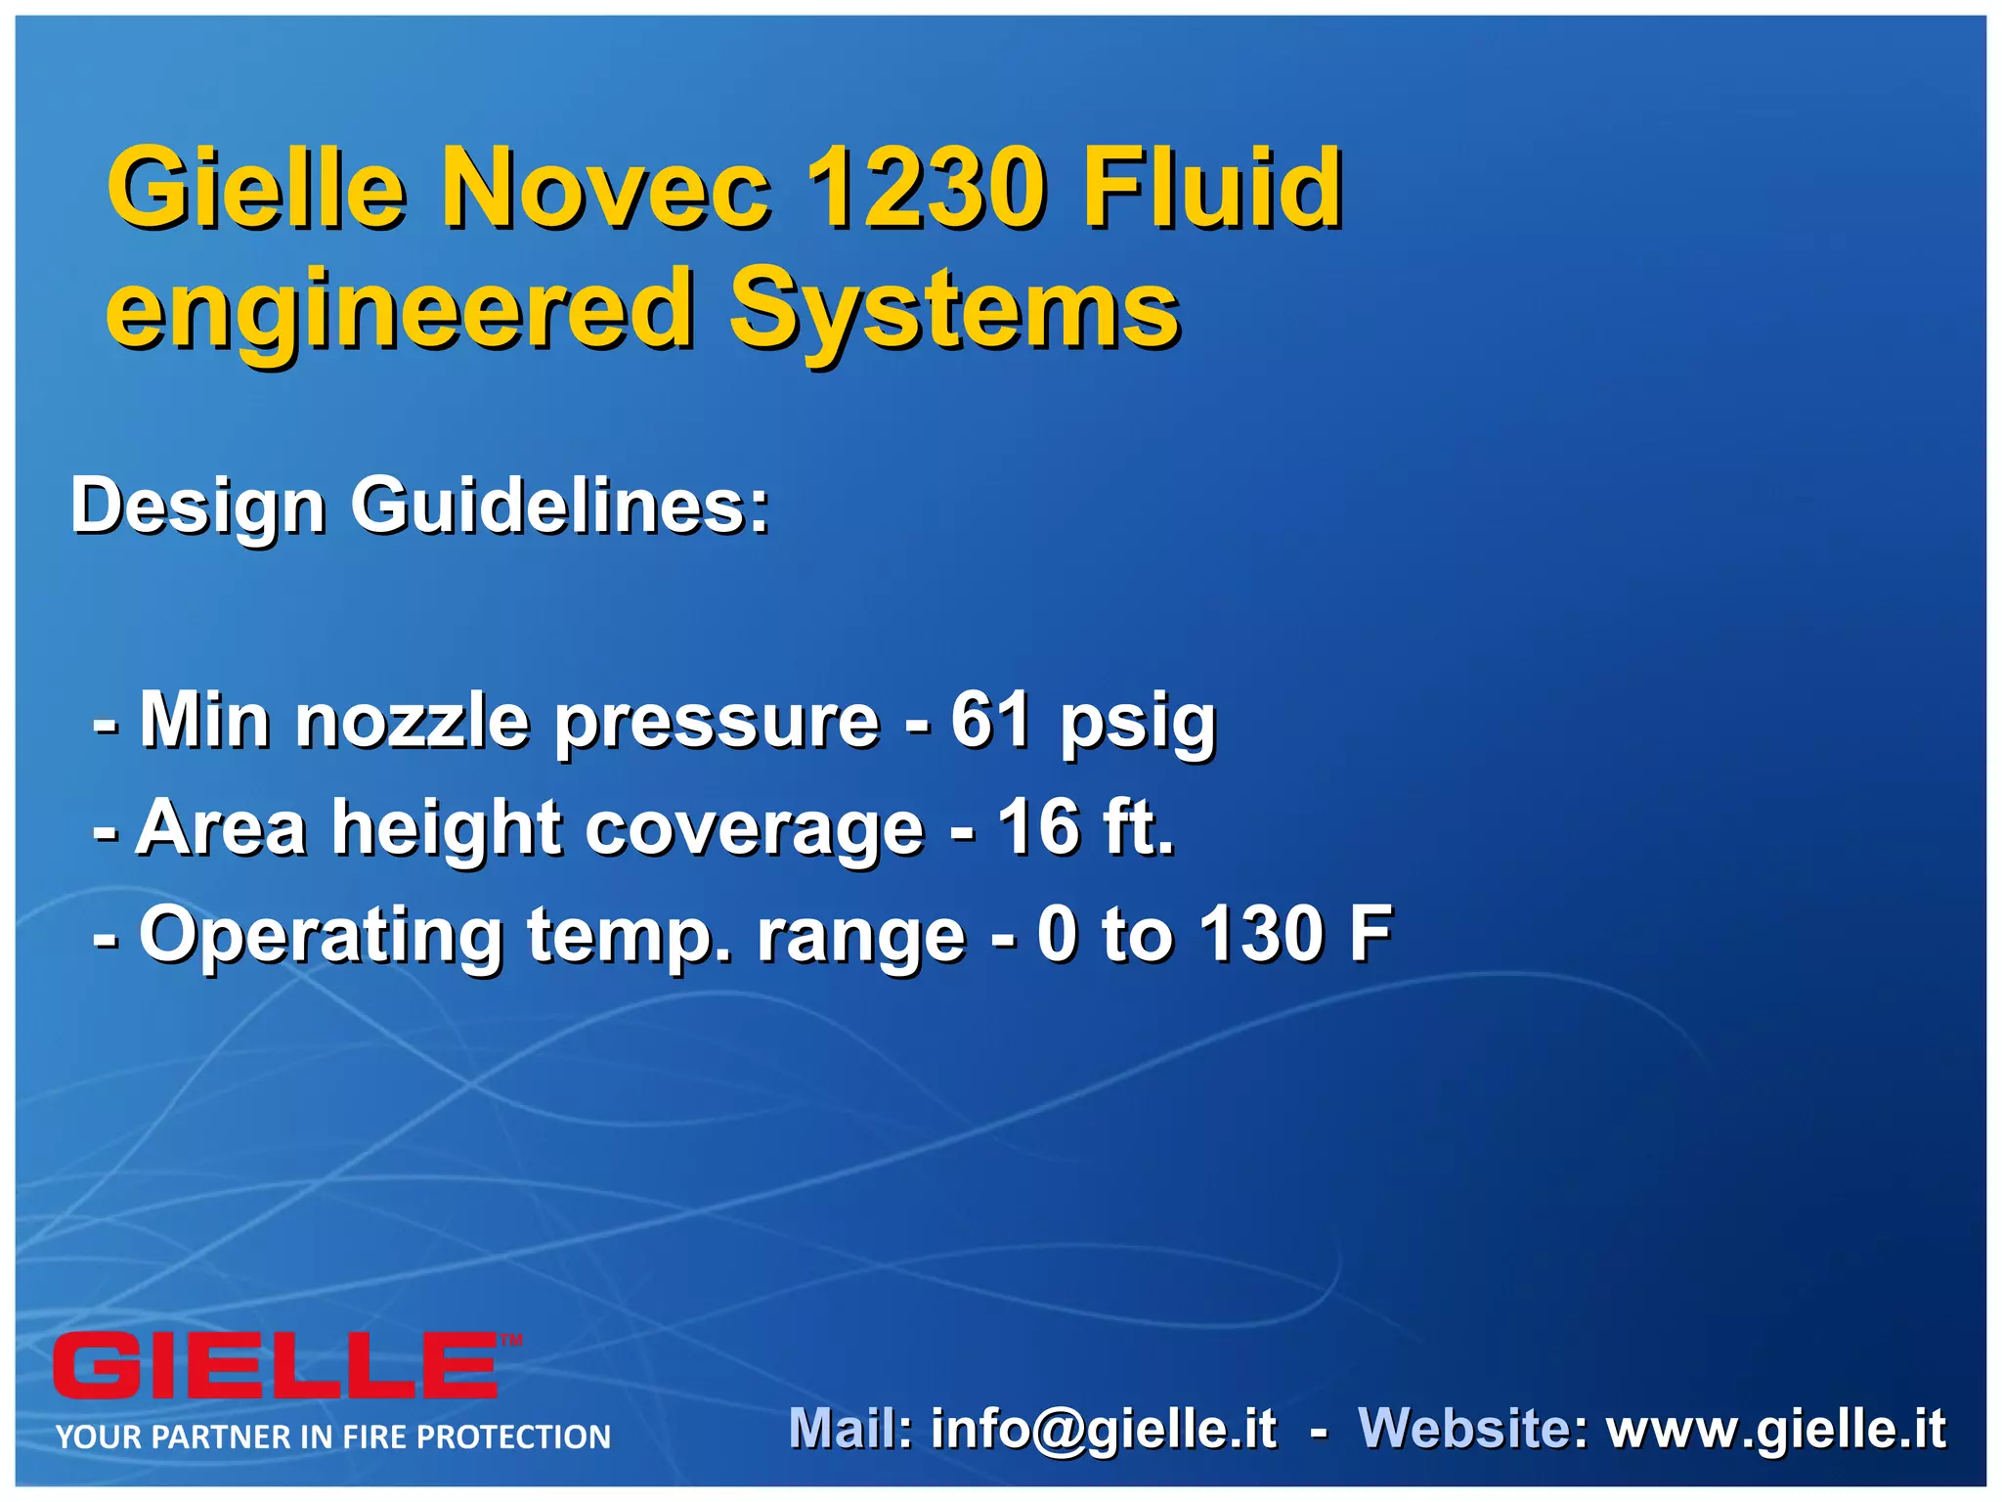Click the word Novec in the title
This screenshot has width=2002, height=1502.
point(606,187)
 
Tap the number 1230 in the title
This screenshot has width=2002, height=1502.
point(925,187)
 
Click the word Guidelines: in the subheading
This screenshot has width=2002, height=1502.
point(560,507)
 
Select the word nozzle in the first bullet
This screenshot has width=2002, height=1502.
point(413,721)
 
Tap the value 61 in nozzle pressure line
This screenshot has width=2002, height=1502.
point(991,721)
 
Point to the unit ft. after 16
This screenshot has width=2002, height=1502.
point(1138,828)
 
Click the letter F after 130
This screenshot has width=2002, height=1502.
point(1371,935)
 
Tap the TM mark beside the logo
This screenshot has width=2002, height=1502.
point(511,1341)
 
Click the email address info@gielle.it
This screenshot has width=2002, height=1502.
point(1104,1430)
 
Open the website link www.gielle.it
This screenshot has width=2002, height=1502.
point(1776,1430)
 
